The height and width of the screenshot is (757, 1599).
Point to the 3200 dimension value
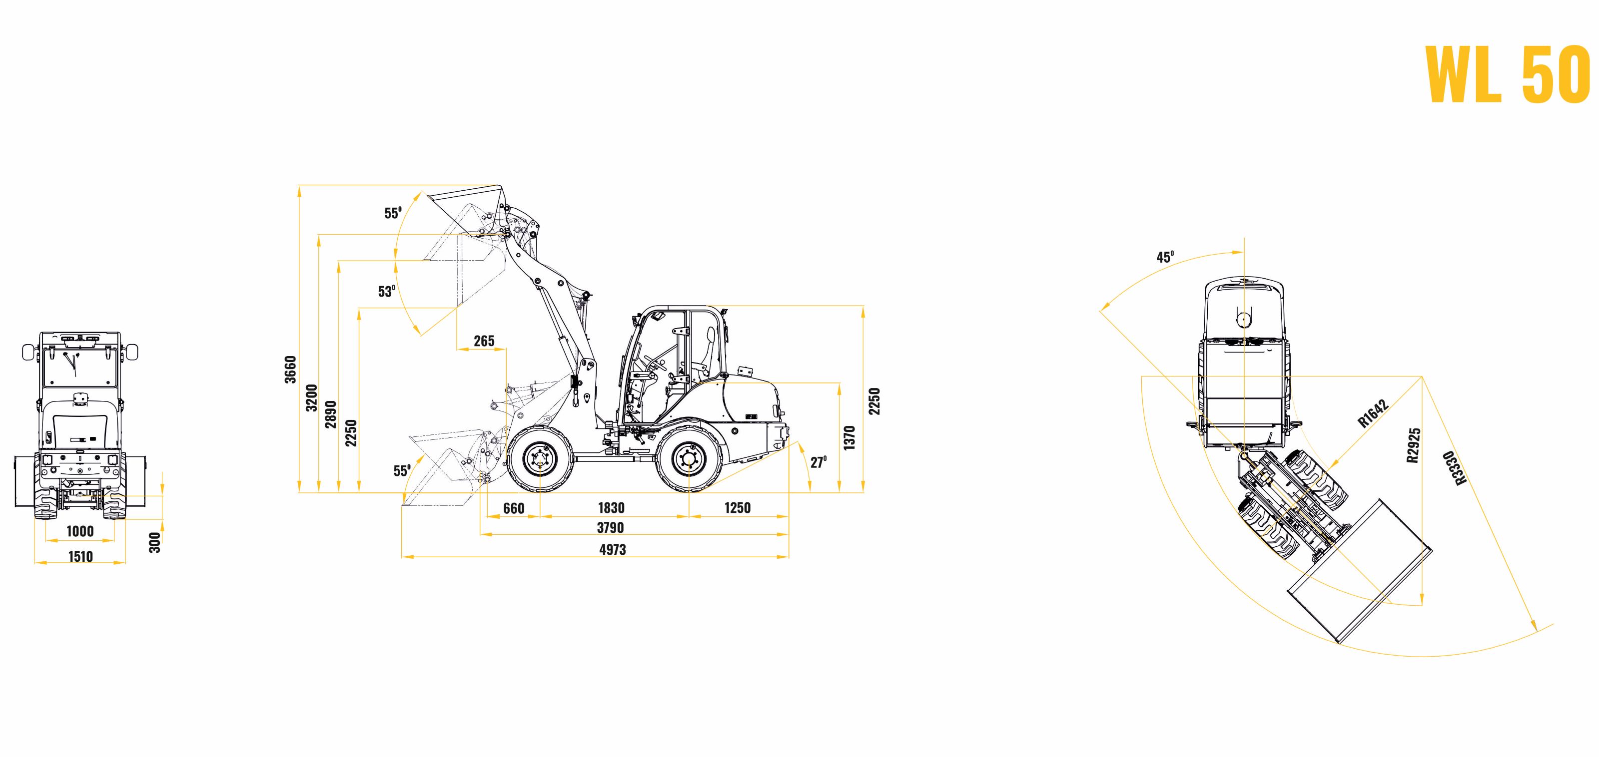coord(312,398)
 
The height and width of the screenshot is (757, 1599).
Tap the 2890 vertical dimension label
coord(331,414)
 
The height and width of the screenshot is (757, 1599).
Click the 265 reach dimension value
coord(484,341)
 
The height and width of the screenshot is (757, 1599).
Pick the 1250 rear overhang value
coord(738,508)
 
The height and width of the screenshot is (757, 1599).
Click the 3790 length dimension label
coord(610,528)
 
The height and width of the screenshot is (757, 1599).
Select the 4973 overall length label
coord(613,549)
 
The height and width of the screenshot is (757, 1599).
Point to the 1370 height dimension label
coord(850,438)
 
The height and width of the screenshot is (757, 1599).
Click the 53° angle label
coord(387,291)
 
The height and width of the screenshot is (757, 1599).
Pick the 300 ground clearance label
coord(155,542)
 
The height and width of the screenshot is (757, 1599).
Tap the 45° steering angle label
coord(1165,257)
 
